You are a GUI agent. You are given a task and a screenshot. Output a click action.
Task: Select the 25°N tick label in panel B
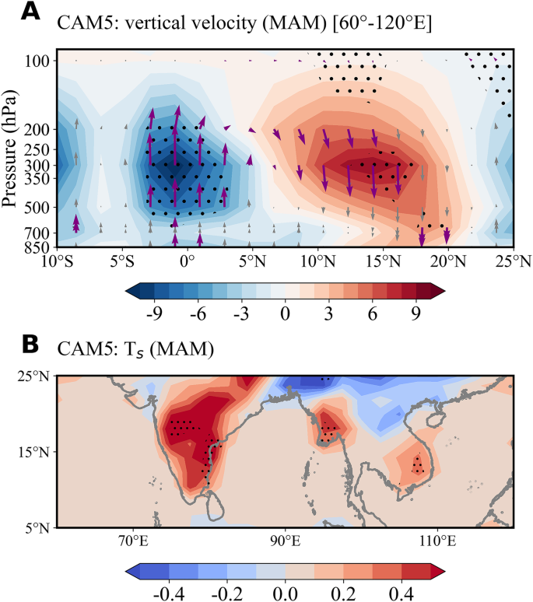36,376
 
